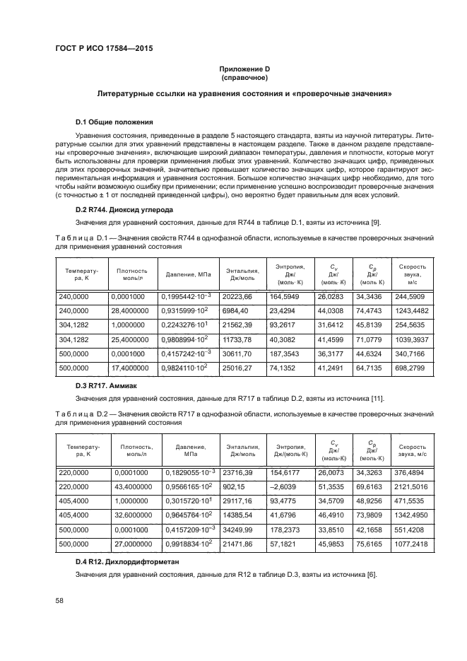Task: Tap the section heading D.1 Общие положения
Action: (x=114, y=122)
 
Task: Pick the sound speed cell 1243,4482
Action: (x=412, y=311)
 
